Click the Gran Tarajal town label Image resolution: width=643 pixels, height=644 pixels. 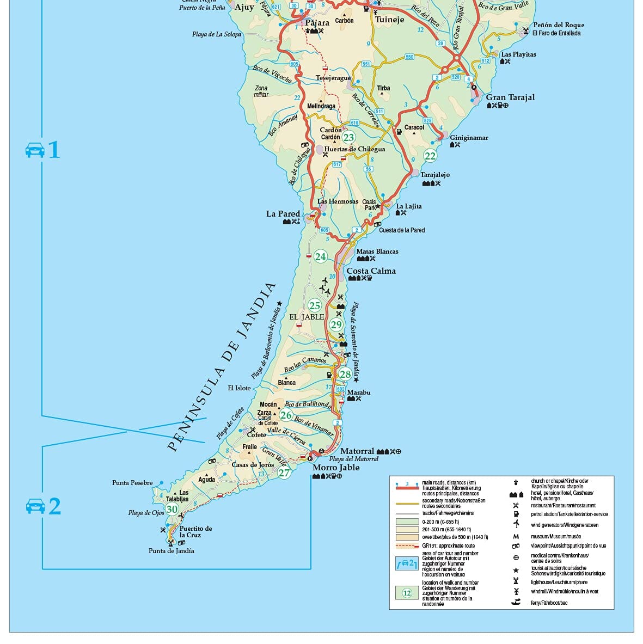(510, 97)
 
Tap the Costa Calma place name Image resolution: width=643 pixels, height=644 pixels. (371, 271)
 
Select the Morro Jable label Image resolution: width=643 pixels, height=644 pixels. (336, 468)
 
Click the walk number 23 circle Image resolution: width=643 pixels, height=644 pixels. (348, 138)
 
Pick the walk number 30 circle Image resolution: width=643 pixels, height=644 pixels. (172, 510)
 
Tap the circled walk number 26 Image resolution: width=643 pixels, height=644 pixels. (286, 415)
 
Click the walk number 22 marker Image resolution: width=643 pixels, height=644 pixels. (430, 156)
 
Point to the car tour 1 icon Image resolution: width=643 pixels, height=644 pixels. (35, 150)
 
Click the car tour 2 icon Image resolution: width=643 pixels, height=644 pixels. (35, 506)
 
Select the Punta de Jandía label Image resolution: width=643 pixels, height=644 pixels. (171, 551)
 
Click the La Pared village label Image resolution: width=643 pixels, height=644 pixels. (283, 214)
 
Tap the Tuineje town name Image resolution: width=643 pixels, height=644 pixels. (389, 20)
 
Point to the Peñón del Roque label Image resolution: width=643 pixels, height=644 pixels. (558, 25)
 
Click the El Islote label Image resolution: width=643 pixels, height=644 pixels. (239, 388)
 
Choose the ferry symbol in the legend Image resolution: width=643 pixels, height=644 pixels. (516, 602)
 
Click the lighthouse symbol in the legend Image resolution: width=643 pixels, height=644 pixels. (516, 582)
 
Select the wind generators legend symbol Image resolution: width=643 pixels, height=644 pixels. (516, 524)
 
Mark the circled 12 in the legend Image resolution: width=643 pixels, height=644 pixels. (407, 593)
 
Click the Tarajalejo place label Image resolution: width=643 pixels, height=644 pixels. (434, 175)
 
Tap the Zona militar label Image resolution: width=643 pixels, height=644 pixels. (261, 91)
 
